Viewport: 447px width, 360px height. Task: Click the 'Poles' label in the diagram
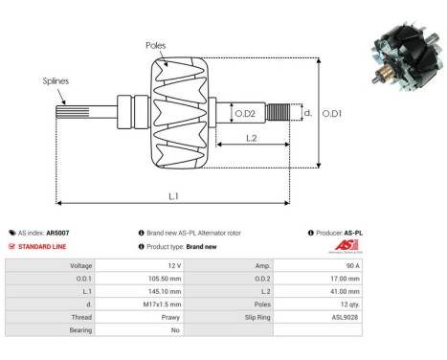157,45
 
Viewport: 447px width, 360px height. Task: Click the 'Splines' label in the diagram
56,82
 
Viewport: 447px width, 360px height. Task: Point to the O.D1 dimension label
331,114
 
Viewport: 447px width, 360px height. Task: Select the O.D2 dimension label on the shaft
246,115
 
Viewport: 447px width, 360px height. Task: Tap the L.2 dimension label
249,138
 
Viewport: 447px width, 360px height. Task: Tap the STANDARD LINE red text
49,245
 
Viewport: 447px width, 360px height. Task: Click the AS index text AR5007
57,233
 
